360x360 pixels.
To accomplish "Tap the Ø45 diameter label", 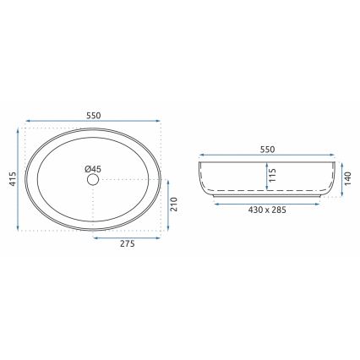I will point(93,168).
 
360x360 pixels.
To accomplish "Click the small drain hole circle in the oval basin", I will point(95,180).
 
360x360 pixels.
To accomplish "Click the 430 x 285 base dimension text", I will point(267,210).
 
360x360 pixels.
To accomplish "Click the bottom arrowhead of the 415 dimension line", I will point(19,227).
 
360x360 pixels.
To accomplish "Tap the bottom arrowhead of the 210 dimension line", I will point(167,227).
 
